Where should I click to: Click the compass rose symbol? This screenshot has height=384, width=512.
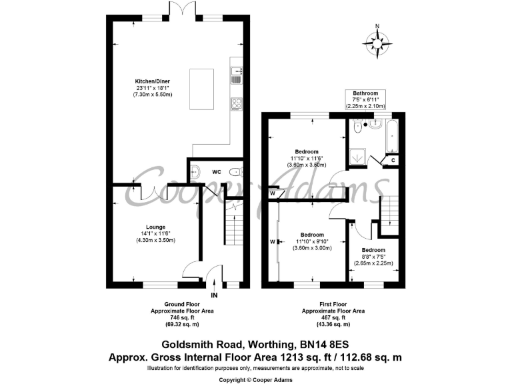click(x=377, y=43)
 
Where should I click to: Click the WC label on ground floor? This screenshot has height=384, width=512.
click(x=216, y=172)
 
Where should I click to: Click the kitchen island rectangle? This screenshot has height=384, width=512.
click(x=204, y=89)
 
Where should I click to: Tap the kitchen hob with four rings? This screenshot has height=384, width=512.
click(x=236, y=104)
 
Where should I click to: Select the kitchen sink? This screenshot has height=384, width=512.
click(x=236, y=75)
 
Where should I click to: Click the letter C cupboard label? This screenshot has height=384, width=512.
click(x=393, y=160)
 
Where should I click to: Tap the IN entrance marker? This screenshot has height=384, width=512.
click(x=214, y=295)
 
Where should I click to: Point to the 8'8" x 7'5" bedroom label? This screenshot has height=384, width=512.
click(x=373, y=257)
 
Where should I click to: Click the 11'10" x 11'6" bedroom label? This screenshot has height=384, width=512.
click(x=306, y=157)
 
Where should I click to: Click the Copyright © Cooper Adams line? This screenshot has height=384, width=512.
click(x=255, y=379)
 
